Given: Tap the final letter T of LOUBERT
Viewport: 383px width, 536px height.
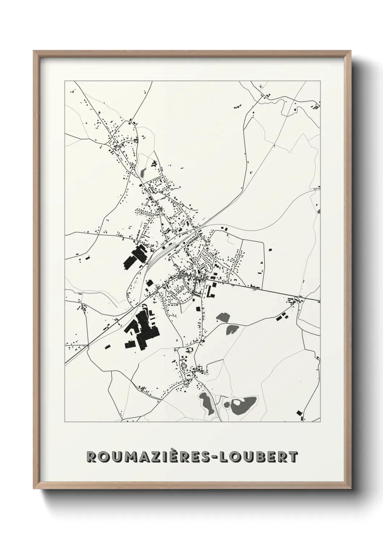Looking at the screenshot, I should (294, 457).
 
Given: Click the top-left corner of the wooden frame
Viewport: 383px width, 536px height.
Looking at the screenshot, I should (34, 51).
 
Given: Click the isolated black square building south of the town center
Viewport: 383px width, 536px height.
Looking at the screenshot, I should (198, 308).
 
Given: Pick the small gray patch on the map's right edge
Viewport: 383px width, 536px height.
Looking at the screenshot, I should (319, 211).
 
